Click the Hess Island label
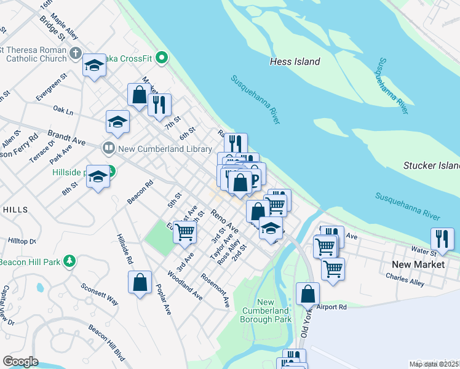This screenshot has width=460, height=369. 295,61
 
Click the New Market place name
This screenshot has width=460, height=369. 418,264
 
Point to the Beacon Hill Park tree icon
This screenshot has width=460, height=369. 71,261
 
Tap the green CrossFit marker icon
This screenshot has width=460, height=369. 162,58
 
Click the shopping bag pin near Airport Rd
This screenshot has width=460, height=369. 307,294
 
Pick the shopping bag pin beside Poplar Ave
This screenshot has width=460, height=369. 140,282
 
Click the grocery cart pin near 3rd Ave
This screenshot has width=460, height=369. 184,231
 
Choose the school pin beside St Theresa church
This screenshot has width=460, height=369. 94,65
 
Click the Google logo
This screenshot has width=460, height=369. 20,362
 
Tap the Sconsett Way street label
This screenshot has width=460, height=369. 100,295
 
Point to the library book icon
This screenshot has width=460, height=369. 108,148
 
